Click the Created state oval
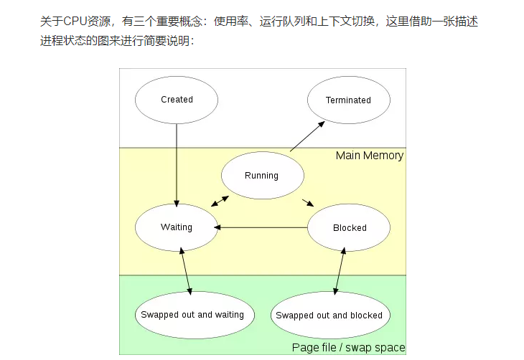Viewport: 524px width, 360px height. tap(177, 100)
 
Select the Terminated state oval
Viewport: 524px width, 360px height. tap(348, 100)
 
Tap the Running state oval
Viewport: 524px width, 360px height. tap(261, 175)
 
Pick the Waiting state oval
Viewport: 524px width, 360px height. tap(177, 227)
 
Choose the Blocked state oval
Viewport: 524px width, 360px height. tap(349, 227)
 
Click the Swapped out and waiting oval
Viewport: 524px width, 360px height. tap(192, 314)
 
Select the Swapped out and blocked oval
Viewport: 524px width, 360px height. tap(329, 315)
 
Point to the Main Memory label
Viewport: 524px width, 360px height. tap(369, 156)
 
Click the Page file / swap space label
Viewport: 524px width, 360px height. tap(348, 348)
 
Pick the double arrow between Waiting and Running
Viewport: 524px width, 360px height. tap(220, 202)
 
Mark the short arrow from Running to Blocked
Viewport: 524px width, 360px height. tap(307, 202)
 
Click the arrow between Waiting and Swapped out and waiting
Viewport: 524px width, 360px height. tap(186, 270)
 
